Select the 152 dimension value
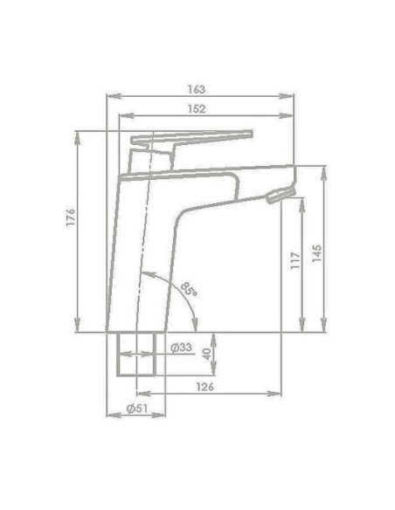click(197, 109)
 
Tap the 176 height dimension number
click(71, 218)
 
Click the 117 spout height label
click(295, 259)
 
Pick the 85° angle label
click(189, 290)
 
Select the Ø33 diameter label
click(181, 348)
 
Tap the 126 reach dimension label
click(204, 386)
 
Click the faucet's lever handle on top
click(192, 137)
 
